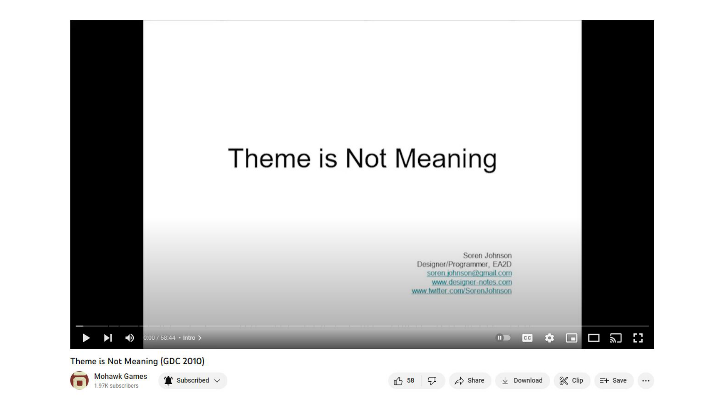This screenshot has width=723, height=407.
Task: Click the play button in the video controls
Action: tap(86, 338)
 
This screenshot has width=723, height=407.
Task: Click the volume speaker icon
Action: tap(129, 338)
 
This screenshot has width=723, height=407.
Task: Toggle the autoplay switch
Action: tap(503, 338)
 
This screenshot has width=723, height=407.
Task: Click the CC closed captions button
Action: tap(527, 338)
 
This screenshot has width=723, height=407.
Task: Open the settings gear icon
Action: tap(549, 338)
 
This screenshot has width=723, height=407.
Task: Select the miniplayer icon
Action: tap(572, 338)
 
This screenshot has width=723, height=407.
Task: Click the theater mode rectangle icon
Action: tap(594, 338)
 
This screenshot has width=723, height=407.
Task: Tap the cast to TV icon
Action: tap(616, 338)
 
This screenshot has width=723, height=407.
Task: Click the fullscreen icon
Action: tap(638, 338)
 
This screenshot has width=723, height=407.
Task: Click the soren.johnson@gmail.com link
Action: tap(469, 273)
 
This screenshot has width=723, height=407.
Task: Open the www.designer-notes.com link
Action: tap(472, 282)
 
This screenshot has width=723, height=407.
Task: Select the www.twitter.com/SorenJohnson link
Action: tap(462, 291)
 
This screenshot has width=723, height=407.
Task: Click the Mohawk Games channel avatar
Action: tap(80, 381)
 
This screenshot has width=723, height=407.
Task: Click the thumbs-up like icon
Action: tap(398, 381)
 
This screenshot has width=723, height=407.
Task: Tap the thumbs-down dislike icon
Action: tap(432, 381)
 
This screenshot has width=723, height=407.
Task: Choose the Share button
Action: tap(470, 381)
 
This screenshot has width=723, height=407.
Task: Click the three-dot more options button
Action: tap(646, 381)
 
